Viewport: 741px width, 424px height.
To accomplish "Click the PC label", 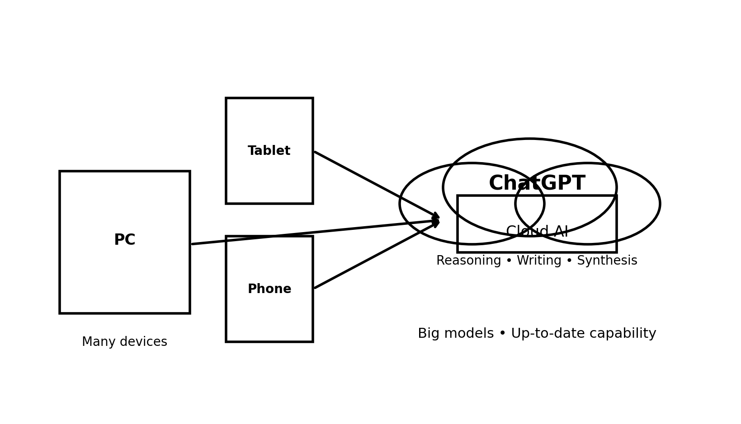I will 124,240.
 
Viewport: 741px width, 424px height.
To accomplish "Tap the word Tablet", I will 269,151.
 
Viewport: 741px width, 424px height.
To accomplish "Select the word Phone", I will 269,289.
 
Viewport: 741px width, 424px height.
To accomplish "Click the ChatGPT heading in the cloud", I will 537,183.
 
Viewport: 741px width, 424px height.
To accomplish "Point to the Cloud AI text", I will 537,232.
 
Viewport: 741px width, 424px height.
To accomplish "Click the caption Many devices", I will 124,342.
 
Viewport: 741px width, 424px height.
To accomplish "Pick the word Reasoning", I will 468,261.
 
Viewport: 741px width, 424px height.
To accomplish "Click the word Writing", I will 539,261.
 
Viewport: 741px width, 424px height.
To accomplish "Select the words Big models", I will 455,334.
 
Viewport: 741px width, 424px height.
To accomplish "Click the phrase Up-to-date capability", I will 583,334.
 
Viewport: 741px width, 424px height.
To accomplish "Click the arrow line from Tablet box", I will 375,184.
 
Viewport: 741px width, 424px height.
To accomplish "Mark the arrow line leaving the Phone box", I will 375,256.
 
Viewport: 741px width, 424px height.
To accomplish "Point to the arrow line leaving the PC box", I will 312,233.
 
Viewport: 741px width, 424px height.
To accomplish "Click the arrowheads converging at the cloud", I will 436,220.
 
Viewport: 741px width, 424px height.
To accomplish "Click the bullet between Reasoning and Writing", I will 509,261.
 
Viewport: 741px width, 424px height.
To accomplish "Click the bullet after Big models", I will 502,334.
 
